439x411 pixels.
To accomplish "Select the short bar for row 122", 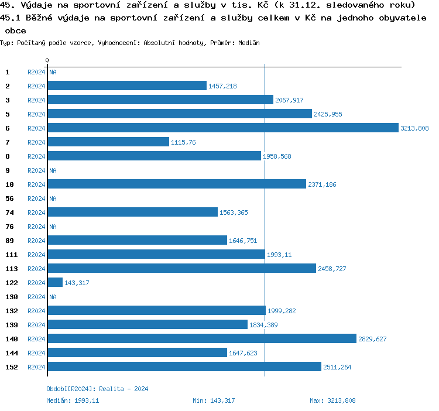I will point(55,282).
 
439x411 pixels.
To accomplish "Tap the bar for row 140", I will point(202,338).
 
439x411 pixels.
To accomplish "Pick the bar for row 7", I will point(108,142).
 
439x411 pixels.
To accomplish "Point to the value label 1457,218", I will point(222,86).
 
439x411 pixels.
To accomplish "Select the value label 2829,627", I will point(372,339).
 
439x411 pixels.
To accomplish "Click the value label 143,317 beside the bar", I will point(77,283).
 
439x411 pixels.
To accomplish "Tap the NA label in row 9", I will point(53,170).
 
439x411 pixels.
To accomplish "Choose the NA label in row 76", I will point(53,227).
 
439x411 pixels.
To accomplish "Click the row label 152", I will point(12,367).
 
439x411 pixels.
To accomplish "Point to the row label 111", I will point(12,255).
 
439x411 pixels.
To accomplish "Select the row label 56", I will point(9,198).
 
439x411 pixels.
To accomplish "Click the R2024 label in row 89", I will point(36,241).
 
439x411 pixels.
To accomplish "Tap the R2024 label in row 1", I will point(36,72).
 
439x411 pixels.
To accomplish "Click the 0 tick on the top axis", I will point(47,60).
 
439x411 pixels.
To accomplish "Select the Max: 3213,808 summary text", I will point(332,400).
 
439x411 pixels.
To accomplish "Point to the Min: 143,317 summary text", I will point(214,400).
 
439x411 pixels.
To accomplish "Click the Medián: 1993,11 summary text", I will point(73,400).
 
